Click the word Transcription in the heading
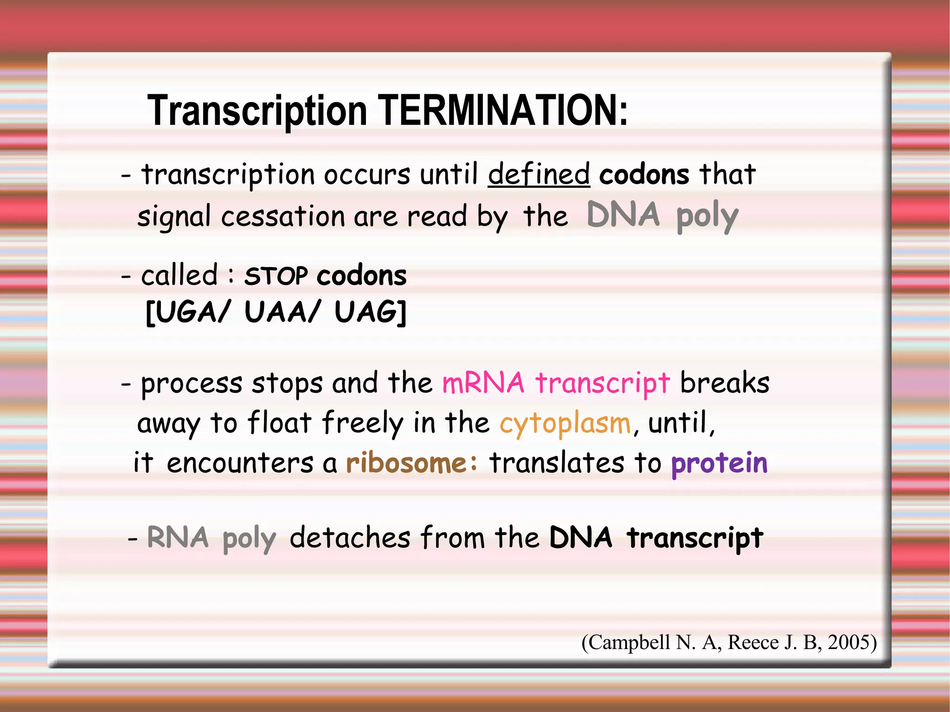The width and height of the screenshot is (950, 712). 257,111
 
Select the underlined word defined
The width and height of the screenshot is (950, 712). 539,174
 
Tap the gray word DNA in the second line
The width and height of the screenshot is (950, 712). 623,215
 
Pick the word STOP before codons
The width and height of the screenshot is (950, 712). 276,276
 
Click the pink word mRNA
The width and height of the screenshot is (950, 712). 483,383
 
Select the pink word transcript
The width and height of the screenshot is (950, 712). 603,384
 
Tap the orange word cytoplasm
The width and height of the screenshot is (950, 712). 565,423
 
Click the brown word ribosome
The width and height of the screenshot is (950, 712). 406,463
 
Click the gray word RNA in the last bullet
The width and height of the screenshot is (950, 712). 178,538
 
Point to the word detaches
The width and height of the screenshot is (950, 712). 350,538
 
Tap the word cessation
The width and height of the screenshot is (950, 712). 283,217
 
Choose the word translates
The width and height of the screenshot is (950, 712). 557,463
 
